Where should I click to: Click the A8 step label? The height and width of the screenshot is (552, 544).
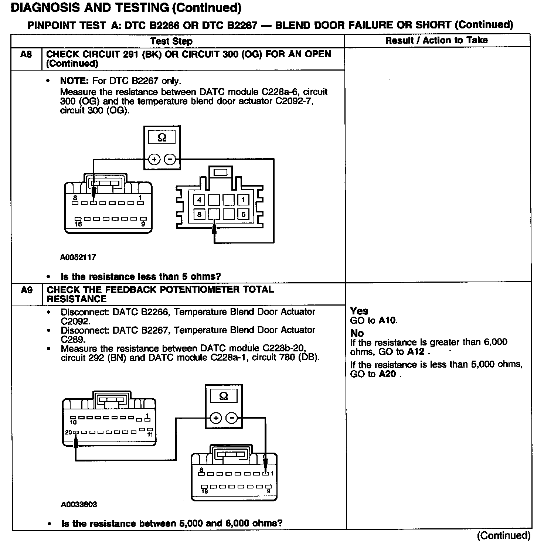pos(26,55)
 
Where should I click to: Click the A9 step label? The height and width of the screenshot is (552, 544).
pos(27,290)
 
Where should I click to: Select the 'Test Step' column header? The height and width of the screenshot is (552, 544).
pos(171,41)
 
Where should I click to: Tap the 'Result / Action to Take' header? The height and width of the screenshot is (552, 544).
pos(436,40)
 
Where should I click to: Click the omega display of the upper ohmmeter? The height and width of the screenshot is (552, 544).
pos(162,138)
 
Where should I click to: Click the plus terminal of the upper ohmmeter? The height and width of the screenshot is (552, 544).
pos(154,159)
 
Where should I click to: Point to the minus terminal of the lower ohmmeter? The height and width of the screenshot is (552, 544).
pos(232,418)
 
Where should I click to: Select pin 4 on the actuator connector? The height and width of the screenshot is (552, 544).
pos(200,200)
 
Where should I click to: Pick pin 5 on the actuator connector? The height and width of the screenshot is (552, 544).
pos(243,214)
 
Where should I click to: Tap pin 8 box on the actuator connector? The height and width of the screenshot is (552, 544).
pos(200,214)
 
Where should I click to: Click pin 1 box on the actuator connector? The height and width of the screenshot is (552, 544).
pos(243,200)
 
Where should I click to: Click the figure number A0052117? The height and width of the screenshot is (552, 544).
pos(78,257)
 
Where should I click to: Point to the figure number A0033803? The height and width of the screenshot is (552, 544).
pos(79,504)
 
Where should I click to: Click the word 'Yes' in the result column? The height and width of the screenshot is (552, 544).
pos(359,311)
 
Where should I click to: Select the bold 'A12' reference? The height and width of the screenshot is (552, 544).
pos(416,351)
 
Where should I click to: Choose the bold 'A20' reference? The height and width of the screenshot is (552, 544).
pos(387,374)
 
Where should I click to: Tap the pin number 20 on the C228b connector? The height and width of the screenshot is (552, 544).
pos(69,432)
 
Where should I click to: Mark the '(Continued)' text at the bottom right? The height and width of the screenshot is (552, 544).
pos(503,535)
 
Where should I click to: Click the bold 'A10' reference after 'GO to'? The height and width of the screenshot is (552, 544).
pos(387,320)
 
